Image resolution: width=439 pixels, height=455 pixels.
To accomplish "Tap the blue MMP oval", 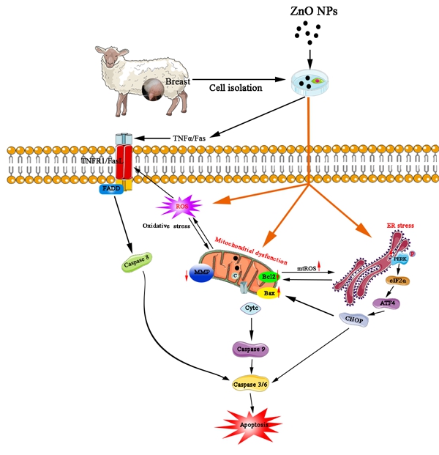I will pos(204,273).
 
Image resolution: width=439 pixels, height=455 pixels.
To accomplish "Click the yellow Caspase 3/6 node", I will pos(252,381).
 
